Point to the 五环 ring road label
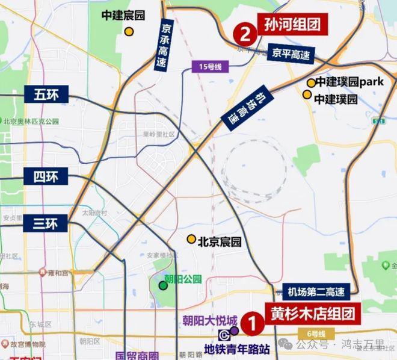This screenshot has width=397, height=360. (46, 94)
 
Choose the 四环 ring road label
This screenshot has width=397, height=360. (46, 177)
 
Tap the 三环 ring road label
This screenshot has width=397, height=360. (46, 223)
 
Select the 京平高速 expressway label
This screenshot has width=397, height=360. (291, 55)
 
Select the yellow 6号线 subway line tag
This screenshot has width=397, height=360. (313, 334)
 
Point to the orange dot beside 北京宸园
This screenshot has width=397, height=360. (191, 239)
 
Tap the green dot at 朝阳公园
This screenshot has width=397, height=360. (163, 285)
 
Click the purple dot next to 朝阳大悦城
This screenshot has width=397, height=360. (234, 331)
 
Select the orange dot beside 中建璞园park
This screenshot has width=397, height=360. (311, 83)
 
